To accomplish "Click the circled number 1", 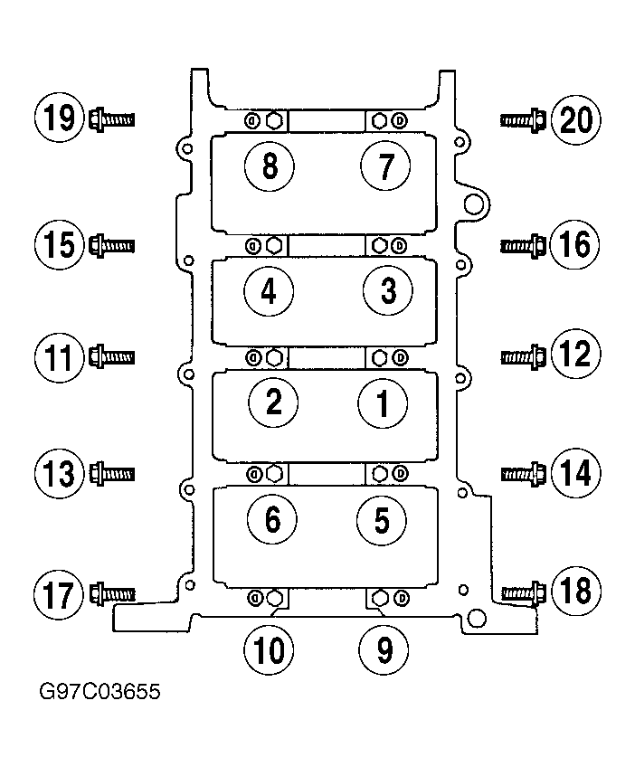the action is click(383, 403).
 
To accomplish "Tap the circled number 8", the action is click(270, 166).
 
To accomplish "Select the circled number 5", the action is click(382, 519).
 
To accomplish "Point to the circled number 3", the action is click(388, 291).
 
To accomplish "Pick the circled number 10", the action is click(269, 650).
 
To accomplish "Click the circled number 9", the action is click(384, 650).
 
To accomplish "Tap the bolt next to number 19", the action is click(112, 119).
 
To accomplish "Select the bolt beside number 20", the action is click(523, 119).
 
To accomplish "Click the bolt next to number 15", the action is click(112, 245).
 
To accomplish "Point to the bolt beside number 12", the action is click(523, 356).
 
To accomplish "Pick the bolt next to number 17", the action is click(112, 594).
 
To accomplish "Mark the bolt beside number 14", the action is click(524, 474).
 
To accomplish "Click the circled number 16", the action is click(574, 244).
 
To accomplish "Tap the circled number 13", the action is click(59, 474).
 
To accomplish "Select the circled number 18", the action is click(576, 591).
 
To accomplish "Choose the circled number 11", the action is click(59, 357).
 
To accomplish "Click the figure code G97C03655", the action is click(100, 692).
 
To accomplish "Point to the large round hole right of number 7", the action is click(473, 204).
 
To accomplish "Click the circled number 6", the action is click(272, 519).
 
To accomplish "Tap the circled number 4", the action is click(269, 292).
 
